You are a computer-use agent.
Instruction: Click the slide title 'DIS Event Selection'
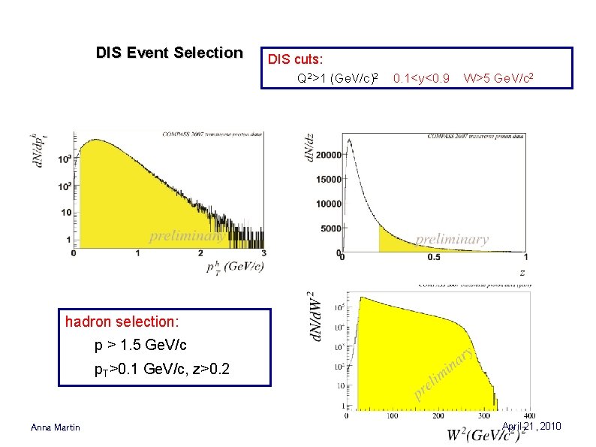[x=169, y=53]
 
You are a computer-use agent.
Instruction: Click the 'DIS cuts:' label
[x=296, y=59]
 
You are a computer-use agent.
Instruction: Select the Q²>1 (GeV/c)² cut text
[x=337, y=77]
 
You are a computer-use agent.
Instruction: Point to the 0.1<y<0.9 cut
[x=421, y=77]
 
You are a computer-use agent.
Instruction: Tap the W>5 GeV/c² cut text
[x=498, y=77]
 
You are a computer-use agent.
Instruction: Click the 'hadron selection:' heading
[x=122, y=322]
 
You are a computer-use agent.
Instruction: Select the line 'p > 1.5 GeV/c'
[x=140, y=346]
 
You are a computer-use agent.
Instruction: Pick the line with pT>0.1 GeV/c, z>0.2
[x=161, y=370]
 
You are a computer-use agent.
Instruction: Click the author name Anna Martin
[x=55, y=427]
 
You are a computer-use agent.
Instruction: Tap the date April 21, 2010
[x=532, y=427]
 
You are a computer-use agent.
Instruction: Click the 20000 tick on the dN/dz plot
[x=328, y=155]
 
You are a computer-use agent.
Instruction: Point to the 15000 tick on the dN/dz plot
[x=328, y=180]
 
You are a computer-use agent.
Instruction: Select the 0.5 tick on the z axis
[x=434, y=258]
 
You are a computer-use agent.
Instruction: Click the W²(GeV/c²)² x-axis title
[x=485, y=434]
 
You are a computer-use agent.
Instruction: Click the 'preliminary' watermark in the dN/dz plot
[x=451, y=240]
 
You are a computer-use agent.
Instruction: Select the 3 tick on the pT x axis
[x=264, y=254]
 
